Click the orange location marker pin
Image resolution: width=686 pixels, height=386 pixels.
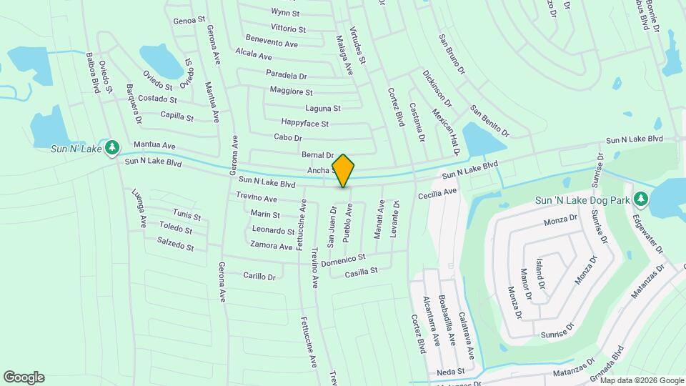click(343, 171)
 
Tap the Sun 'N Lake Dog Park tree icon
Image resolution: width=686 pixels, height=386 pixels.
click(641, 199)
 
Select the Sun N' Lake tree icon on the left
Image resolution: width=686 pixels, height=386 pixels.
click(111, 147)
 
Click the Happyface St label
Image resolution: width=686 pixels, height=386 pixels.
click(304, 124)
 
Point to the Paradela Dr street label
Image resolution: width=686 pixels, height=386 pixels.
click(286, 75)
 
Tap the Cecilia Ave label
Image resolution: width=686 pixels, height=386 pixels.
click(437, 193)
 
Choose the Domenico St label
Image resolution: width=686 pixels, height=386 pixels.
click(343, 261)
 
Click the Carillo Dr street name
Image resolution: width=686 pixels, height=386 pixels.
click(259, 276)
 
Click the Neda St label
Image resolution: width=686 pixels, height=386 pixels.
click(451, 372)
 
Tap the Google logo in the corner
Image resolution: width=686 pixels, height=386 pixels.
click(24, 377)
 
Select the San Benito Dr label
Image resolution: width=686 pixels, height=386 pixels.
click(489, 120)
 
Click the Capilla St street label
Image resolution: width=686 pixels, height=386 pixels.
click(177, 115)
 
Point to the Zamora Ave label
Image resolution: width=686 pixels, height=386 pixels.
click(272, 246)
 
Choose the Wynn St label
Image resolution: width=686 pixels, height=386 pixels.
click(285, 13)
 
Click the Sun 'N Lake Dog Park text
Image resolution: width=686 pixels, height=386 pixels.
click(583, 200)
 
